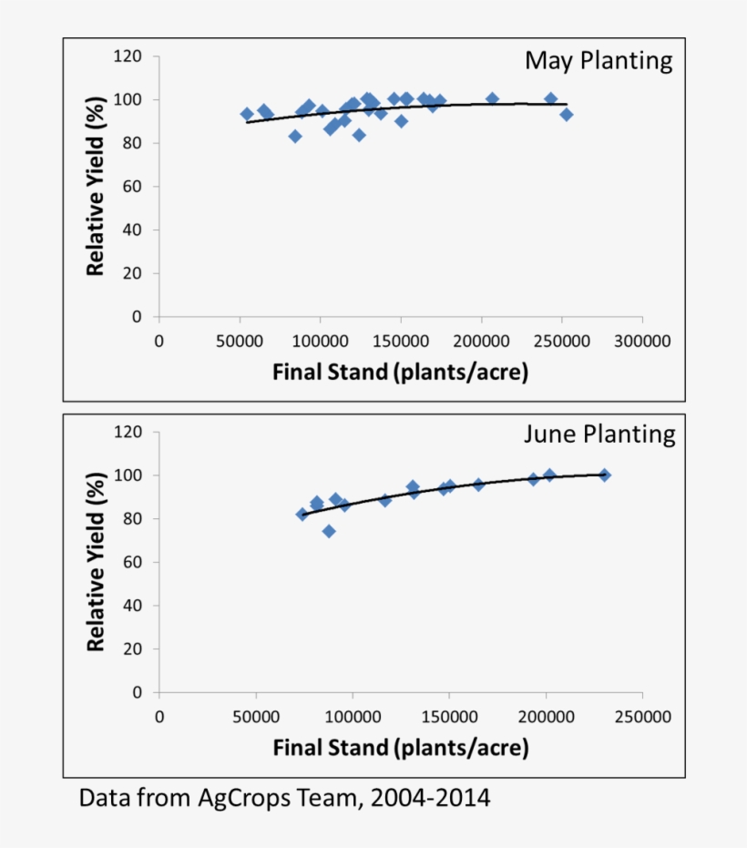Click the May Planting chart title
click(598, 62)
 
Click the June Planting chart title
click(599, 434)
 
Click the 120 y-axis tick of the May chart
click(128, 56)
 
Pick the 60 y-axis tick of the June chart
click(133, 562)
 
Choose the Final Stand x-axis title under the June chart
click(400, 748)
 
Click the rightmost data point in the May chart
click(566, 115)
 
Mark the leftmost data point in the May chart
click(247, 114)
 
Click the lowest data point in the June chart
click(329, 531)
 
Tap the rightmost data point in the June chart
click(604, 475)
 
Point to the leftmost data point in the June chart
click(302, 515)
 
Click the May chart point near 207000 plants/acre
click(492, 98)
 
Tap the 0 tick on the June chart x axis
click(159, 717)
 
